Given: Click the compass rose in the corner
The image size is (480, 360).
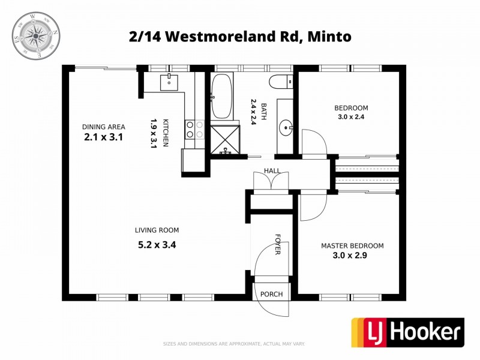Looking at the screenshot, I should point(36,35).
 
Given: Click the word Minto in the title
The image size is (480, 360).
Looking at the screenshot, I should point(329,36).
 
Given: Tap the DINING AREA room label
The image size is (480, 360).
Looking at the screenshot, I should point(104,127).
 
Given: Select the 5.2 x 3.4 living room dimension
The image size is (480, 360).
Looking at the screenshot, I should point(157,244).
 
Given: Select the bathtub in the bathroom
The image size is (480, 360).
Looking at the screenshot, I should point(221,95).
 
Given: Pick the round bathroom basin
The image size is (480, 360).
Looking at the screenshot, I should point(286,127).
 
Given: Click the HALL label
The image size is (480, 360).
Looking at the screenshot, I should point(272,171).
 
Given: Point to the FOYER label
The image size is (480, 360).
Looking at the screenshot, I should point(278,244).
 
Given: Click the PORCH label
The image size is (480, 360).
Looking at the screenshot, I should point(272,294).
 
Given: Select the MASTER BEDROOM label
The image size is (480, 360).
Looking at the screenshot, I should point(352,245).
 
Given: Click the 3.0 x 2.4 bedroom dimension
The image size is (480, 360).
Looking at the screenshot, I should point(351,117).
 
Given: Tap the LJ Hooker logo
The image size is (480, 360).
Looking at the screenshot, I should point(407,332).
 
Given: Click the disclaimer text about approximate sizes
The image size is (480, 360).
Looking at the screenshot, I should point(234,344).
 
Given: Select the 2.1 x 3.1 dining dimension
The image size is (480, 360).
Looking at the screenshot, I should point(104,137).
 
